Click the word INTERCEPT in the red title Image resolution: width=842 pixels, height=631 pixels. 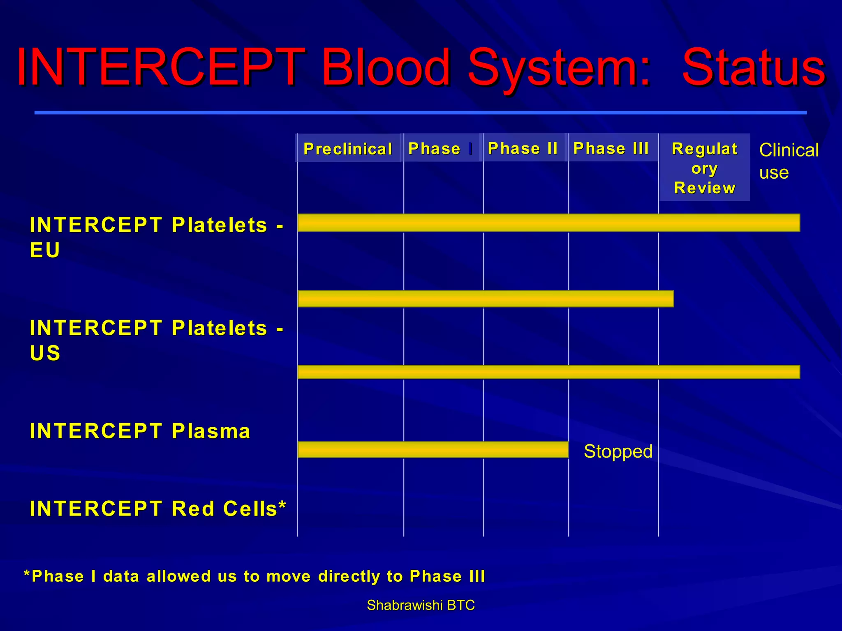tap(160, 68)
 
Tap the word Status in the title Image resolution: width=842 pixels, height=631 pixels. tap(753, 68)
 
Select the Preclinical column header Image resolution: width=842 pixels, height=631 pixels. tap(348, 149)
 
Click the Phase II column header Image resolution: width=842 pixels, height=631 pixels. tap(523, 148)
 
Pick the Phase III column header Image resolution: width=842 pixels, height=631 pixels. tap(611, 148)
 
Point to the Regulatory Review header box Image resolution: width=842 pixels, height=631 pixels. tap(704, 168)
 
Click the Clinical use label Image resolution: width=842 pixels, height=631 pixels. tap(788, 161)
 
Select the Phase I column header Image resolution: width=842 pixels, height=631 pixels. tap(440, 148)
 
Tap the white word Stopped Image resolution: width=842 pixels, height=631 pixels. tap(618, 451)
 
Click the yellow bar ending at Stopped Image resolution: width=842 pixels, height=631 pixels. tap(433, 450)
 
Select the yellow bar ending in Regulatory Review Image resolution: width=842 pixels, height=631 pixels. tap(485, 299)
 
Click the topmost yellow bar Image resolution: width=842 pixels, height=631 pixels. tap(548, 223)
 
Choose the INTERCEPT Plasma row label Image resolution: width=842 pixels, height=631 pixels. tap(140, 431)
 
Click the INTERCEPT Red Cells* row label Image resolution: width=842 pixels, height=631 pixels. tap(157, 509)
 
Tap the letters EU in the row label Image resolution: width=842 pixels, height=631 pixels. tap(45, 250)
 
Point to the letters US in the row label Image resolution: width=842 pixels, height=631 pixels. tap(45, 353)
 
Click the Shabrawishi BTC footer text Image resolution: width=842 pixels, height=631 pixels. tap(421, 605)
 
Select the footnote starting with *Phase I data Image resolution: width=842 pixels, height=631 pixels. tap(254, 576)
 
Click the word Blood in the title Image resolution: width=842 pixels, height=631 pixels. tap(386, 68)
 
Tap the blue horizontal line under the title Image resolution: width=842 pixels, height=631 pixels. tap(420, 112)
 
